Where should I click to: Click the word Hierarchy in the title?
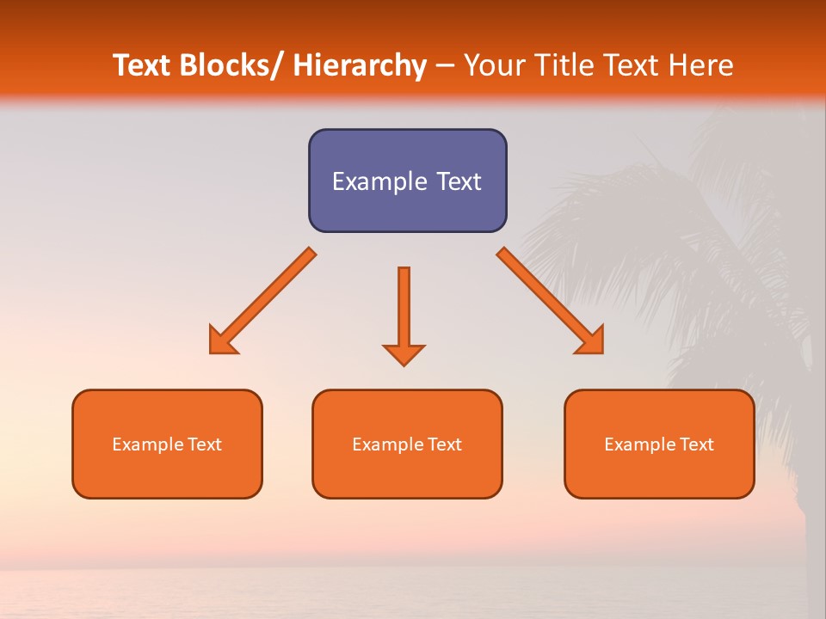360,66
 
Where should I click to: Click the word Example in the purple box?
374,181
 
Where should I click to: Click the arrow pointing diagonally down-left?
262,302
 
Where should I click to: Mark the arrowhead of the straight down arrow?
404,354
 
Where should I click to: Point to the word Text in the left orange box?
204,444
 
